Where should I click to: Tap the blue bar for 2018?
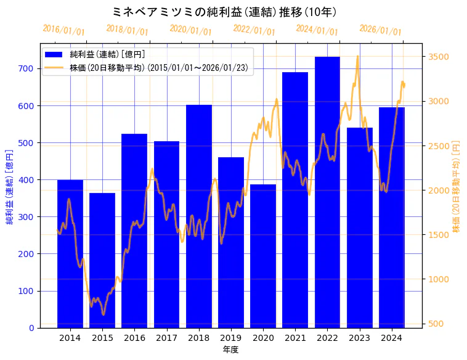point(199,216)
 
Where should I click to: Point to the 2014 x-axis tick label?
point(70,337)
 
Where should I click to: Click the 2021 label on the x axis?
point(295,337)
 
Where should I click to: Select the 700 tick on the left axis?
point(26,68)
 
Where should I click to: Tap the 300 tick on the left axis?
point(26,217)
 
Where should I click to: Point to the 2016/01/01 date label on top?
point(64,30)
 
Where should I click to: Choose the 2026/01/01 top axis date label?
point(380,30)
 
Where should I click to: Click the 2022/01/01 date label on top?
point(254,30)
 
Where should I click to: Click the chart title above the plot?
point(225,12)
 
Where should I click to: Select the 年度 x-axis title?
point(231,350)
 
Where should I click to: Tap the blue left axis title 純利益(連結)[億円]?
point(10,186)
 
